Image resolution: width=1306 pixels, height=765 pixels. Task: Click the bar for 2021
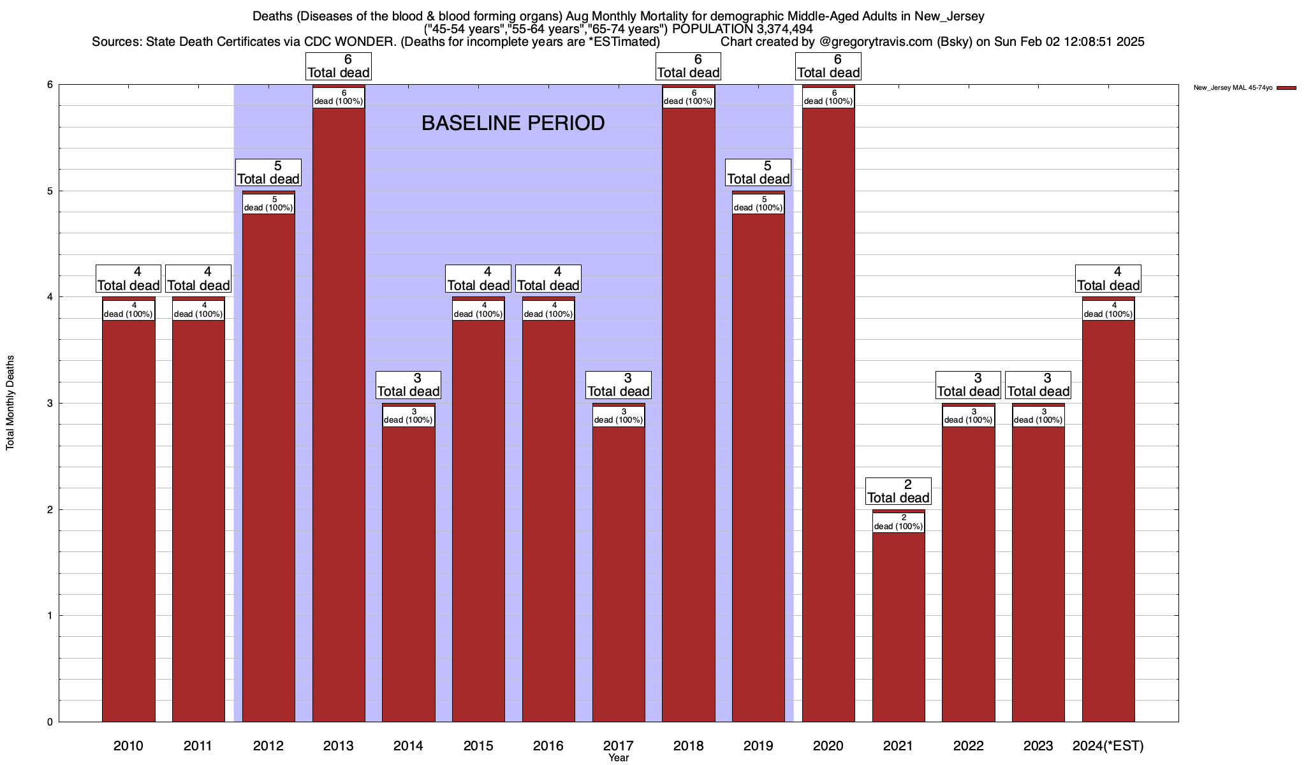898,625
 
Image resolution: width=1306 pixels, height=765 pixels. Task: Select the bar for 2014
408,574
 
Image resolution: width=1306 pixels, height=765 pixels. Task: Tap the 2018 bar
688,414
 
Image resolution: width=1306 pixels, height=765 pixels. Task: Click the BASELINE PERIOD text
513,123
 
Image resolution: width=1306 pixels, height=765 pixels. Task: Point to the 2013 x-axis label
338,746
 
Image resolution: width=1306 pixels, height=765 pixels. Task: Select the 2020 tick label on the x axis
828,746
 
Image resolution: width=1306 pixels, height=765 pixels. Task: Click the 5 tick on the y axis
49,191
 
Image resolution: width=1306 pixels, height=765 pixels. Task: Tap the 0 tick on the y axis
49,722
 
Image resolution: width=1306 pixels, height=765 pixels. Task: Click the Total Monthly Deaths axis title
10,403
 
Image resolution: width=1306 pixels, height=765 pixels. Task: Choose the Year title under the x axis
618,758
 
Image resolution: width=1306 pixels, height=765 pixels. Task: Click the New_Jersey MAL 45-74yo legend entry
1233,88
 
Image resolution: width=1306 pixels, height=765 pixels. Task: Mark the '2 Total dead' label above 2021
898,492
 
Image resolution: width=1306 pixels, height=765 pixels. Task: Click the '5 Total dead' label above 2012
268,173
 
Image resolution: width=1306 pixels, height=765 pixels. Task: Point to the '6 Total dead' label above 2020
828,66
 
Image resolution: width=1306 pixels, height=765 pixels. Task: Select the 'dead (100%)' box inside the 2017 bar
618,416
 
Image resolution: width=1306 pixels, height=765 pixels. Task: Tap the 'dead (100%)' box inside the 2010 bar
128,310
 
